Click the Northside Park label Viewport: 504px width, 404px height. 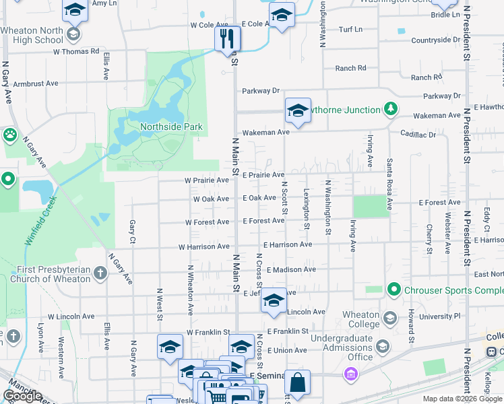170,126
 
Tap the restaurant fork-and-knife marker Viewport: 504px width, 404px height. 228,38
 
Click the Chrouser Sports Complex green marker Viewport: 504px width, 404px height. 394,290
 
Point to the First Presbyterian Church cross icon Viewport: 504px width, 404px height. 100,273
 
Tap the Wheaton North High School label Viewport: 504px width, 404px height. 32,35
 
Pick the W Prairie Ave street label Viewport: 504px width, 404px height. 207,180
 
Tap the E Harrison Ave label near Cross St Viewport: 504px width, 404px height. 288,244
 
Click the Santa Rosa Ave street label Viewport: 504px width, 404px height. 389,184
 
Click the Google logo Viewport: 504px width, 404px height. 22,396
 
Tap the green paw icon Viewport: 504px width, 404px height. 9,135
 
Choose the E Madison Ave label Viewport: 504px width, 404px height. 291,269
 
